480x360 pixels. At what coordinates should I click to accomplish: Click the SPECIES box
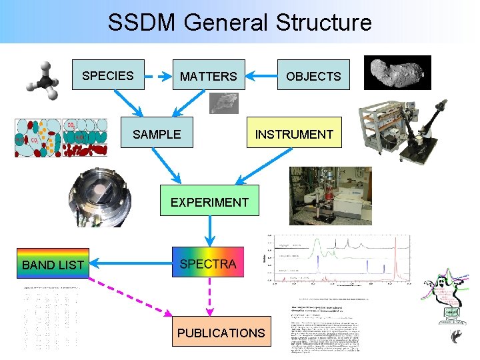coord(107,75)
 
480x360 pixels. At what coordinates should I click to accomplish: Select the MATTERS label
coord(208,77)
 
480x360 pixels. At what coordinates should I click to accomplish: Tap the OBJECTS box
coord(313,77)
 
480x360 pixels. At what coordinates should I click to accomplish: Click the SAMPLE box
coord(157,134)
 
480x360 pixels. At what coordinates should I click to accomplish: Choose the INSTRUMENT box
coord(294,134)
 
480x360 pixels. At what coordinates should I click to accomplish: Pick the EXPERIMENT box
coord(209,202)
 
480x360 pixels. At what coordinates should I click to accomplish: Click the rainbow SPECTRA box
coord(208,264)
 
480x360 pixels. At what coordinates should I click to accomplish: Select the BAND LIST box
coord(53,265)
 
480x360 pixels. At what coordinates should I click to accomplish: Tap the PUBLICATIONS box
coord(221,332)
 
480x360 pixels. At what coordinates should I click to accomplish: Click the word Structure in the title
coord(319,23)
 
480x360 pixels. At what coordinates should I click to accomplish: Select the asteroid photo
coord(397,72)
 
